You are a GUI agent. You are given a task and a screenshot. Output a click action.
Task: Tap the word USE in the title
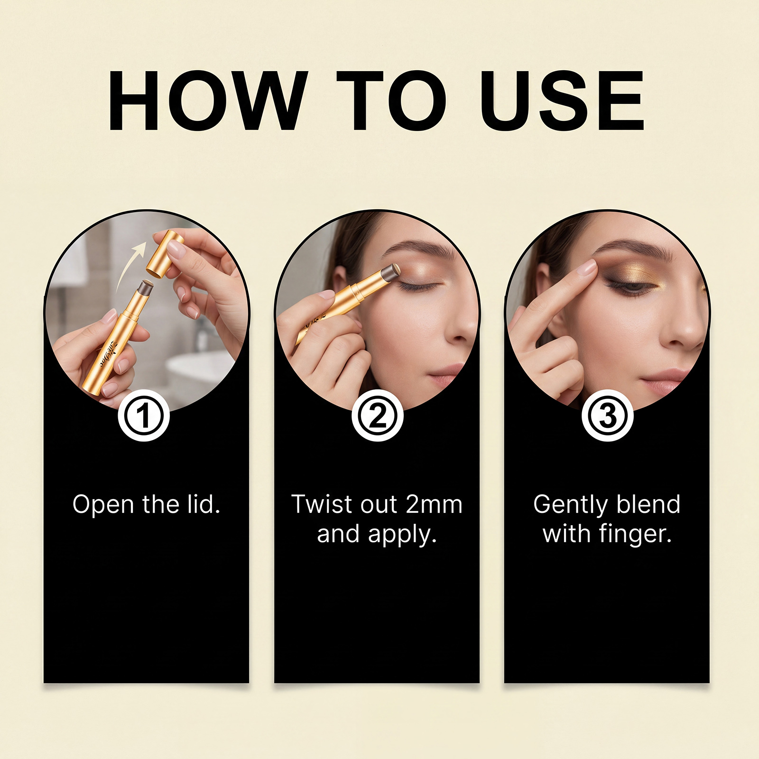pyautogui.click(x=563, y=100)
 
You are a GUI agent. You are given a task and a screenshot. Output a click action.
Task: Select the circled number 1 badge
pyautogui.click(x=144, y=416)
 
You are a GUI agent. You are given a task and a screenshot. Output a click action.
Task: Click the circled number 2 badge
pyautogui.click(x=378, y=416)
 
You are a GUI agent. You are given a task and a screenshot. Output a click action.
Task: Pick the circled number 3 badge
pyautogui.click(x=608, y=416)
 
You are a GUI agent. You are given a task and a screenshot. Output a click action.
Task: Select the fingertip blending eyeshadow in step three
pyautogui.click(x=587, y=268)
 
